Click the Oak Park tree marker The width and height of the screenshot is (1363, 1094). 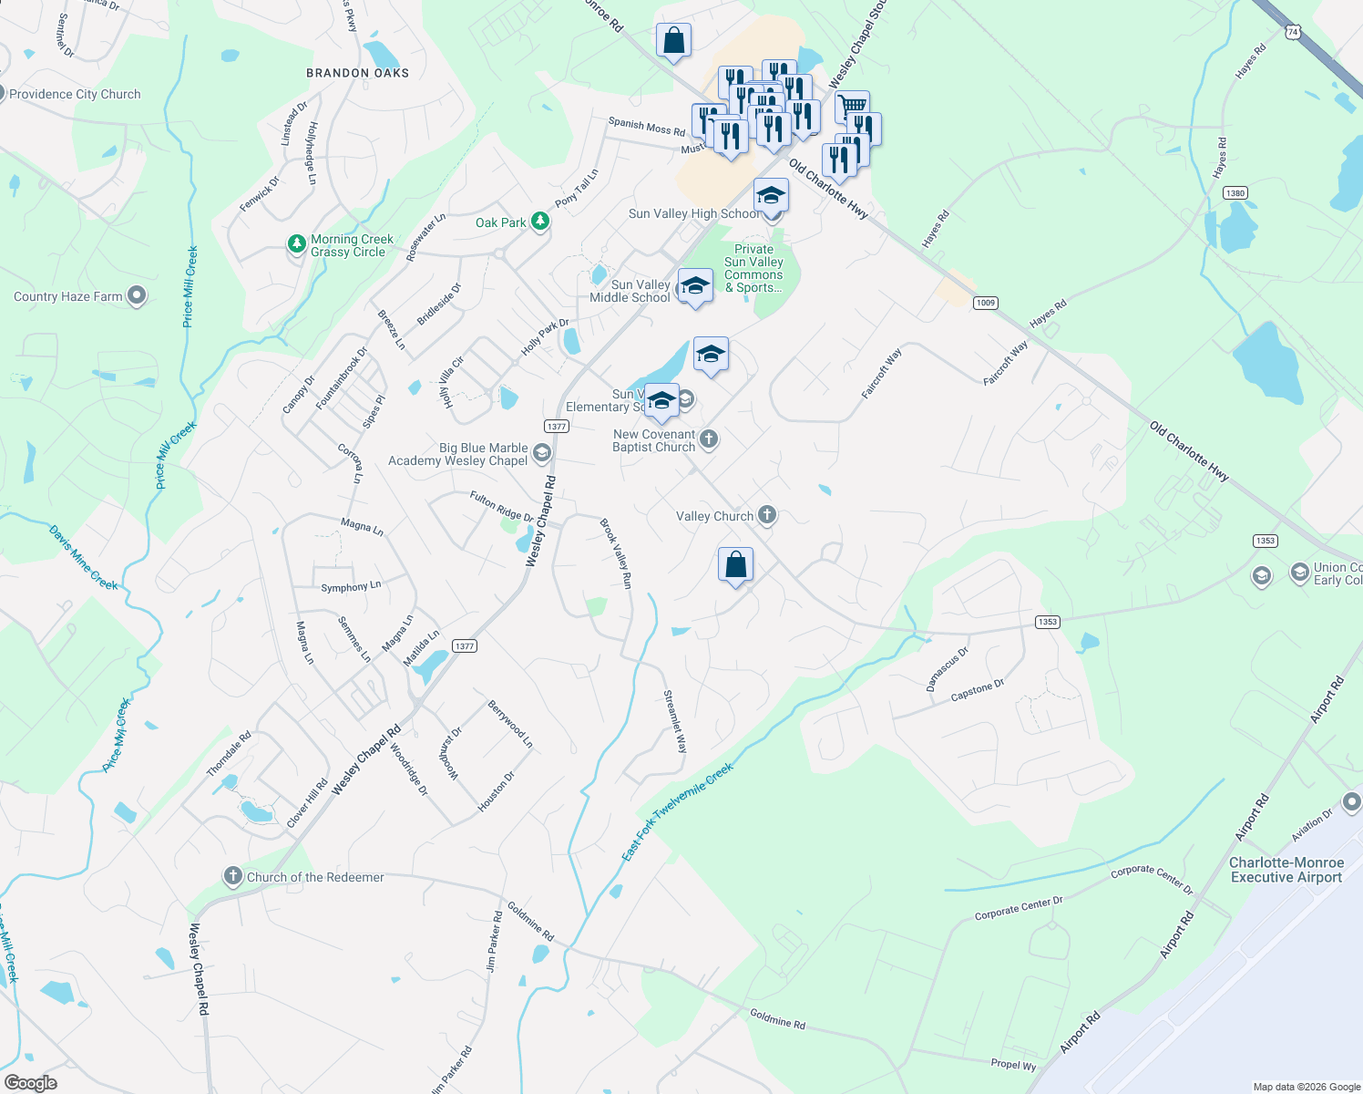[x=540, y=222]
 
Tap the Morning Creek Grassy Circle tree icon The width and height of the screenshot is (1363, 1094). [x=296, y=244]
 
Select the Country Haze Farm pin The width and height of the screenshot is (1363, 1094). [x=137, y=295]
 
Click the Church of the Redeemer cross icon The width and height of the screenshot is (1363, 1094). [x=233, y=876]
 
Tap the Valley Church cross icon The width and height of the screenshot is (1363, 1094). [x=767, y=515]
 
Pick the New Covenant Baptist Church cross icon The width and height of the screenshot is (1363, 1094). [x=709, y=439]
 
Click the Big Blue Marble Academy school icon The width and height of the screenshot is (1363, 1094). [x=542, y=453]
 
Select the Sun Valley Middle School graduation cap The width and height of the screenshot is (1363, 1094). [x=695, y=285]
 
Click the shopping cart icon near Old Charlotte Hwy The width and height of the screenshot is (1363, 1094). [x=852, y=106]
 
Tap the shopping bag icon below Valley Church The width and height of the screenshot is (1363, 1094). [x=735, y=565]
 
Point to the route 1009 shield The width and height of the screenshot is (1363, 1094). [x=985, y=303]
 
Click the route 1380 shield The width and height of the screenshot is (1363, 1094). [x=1235, y=193]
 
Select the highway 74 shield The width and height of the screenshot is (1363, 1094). [x=1292, y=32]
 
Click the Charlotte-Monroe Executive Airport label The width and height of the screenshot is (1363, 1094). [x=1286, y=870]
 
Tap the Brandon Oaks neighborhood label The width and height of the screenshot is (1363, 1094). [x=357, y=73]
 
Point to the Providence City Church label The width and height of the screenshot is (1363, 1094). [x=75, y=94]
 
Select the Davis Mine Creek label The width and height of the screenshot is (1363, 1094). [x=84, y=558]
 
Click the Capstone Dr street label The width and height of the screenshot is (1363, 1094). [x=977, y=690]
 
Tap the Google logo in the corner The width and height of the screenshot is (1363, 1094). [x=30, y=1082]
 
